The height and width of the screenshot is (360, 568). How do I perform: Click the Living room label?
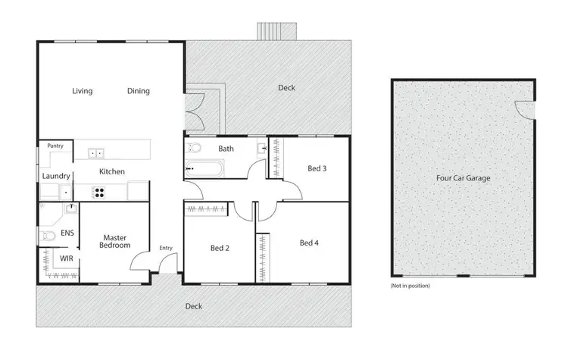click(82, 91)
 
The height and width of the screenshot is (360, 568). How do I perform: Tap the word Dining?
click(138, 91)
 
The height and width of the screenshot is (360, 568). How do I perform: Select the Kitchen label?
click(111, 172)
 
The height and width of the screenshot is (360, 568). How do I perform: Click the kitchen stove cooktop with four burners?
click(98, 192)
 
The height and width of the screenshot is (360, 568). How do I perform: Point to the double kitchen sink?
click(96, 153)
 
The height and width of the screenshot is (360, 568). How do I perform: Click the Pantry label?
click(55, 146)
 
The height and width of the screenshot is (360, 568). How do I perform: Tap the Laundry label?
click(56, 177)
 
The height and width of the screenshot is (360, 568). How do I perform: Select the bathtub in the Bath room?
click(204, 168)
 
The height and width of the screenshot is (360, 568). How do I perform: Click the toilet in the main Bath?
click(194, 147)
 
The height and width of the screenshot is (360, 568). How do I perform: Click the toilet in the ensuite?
click(47, 236)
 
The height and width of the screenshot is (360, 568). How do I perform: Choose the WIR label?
click(66, 258)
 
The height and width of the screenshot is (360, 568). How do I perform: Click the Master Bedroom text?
click(117, 241)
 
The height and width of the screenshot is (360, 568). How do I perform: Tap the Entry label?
click(165, 248)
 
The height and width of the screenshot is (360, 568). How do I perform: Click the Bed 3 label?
click(317, 168)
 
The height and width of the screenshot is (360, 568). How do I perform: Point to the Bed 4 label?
click(309, 243)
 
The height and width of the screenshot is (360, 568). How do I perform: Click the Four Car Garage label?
click(463, 179)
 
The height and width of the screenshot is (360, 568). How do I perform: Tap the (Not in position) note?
click(410, 286)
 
